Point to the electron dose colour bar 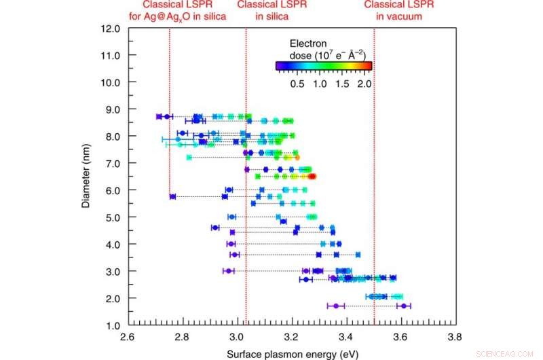(x=324, y=66)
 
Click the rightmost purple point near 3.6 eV (x=405, y=306)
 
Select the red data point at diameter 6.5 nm (x=312, y=177)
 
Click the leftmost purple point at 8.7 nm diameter (x=159, y=117)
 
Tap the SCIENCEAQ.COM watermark (x=509, y=353)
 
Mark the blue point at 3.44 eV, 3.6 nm (x=358, y=255)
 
